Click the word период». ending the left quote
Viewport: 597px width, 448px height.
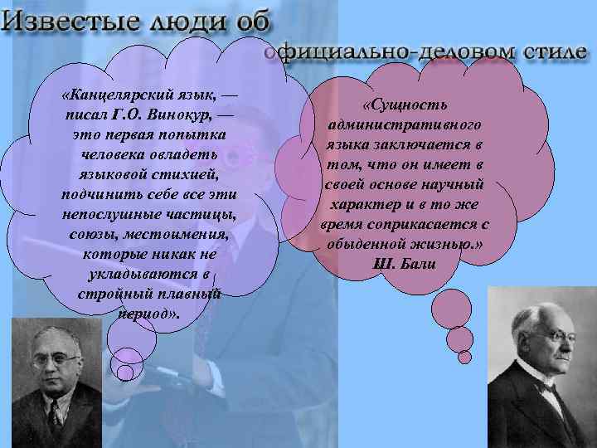coord(150,315)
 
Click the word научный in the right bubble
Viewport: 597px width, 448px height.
coord(464,183)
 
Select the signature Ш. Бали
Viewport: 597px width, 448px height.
coord(405,265)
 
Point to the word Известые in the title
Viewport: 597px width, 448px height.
coord(67,20)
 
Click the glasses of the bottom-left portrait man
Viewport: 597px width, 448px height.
coord(56,362)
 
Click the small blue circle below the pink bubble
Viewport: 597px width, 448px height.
coord(464,357)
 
